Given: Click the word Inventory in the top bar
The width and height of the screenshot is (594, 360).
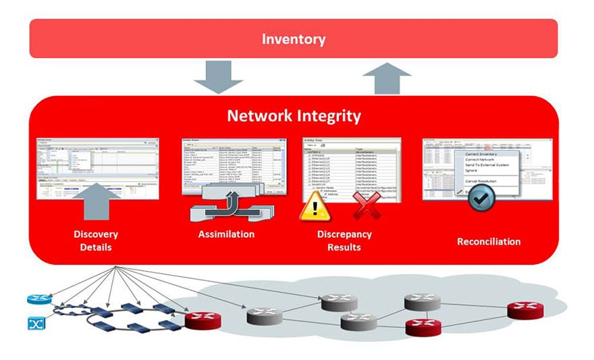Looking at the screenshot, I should pyautogui.click(x=294, y=38).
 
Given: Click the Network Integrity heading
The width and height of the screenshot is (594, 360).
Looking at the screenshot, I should pyautogui.click(x=294, y=115).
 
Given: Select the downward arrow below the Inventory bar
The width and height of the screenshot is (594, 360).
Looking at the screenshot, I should pyautogui.click(x=217, y=76).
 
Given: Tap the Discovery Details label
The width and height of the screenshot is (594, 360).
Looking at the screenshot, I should pyautogui.click(x=96, y=240).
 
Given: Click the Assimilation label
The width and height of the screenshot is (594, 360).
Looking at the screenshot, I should pyautogui.click(x=226, y=234).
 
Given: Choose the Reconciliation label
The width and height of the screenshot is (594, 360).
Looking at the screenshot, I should pyautogui.click(x=489, y=241).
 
